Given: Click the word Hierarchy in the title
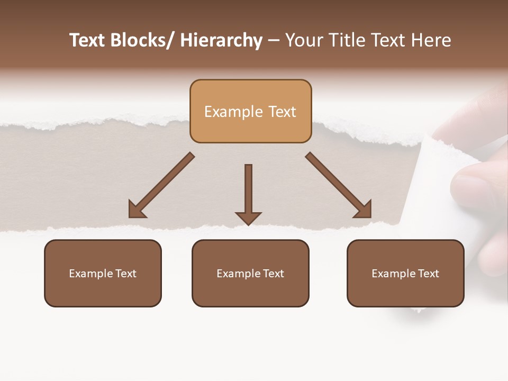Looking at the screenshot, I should point(221,40).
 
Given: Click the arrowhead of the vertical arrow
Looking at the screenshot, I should point(248,218).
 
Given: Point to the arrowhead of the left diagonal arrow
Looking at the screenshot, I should point(137,210).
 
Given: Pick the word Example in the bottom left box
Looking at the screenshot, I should point(90,274).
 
